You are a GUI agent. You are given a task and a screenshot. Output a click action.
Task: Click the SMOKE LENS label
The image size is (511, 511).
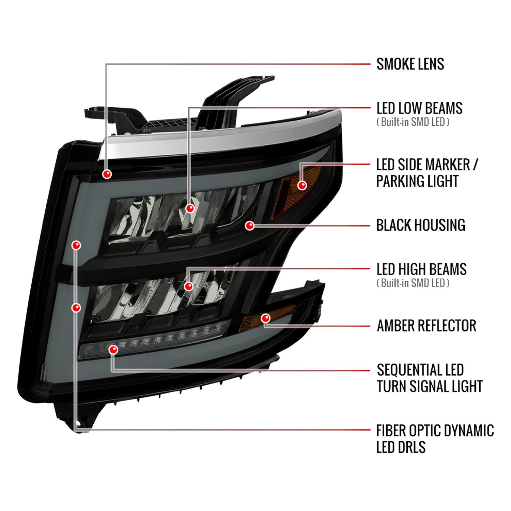(410, 64)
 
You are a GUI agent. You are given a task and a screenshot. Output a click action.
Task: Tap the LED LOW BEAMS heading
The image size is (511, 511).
(419, 108)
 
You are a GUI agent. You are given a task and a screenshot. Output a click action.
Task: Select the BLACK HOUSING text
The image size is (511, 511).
(421, 225)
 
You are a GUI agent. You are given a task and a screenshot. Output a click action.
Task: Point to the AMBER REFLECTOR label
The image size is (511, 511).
(427, 326)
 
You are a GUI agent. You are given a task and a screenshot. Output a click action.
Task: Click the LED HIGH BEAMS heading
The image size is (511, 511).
(421, 269)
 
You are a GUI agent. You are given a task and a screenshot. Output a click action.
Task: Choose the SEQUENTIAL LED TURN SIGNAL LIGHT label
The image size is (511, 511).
(430, 378)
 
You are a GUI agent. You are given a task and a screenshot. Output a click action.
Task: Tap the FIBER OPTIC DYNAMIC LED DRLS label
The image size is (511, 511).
(435, 439)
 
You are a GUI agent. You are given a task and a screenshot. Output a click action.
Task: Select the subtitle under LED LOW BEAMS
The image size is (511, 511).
(413, 122)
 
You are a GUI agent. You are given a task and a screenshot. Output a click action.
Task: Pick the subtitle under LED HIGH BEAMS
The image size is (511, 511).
(413, 283)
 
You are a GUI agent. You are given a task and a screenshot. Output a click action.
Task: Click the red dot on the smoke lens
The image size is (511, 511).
(107, 174)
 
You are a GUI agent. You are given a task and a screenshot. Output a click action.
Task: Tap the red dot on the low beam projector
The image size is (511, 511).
(190, 208)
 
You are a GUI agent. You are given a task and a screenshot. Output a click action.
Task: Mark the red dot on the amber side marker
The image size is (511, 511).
(302, 185)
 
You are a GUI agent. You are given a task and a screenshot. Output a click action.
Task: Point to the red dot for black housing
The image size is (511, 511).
(250, 225)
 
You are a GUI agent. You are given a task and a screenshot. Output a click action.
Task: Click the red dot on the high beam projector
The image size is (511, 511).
(188, 286)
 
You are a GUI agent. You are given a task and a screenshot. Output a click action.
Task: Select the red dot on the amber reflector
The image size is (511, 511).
(265, 318)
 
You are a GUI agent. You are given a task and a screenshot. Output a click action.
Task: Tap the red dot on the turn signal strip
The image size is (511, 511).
(113, 350)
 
